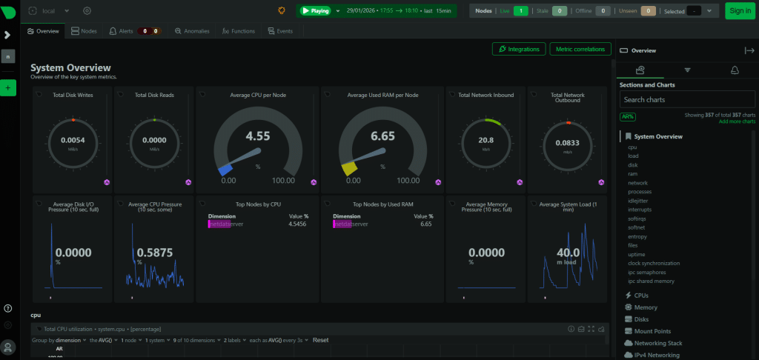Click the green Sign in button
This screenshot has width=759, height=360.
coord(739,10)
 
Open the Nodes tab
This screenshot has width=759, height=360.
coord(85,31)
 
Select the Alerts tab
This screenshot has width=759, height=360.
coord(123,31)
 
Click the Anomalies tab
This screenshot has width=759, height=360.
coord(192,31)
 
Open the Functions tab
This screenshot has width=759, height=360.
coord(239,31)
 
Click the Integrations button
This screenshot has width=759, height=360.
coord(519,49)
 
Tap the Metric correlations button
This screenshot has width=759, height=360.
coord(580,49)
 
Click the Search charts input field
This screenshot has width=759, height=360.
coord(687,99)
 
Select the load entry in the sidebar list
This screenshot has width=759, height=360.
coord(632,156)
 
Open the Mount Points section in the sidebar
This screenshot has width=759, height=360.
coord(653,331)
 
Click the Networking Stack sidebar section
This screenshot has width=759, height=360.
coord(659,343)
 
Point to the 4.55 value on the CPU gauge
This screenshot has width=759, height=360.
coord(258,136)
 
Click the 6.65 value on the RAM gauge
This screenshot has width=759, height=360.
coord(383,136)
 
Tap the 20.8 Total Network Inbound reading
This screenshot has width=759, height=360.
coord(486,140)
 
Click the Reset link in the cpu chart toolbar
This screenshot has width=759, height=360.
coord(320,340)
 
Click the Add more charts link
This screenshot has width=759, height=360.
coord(737,121)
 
